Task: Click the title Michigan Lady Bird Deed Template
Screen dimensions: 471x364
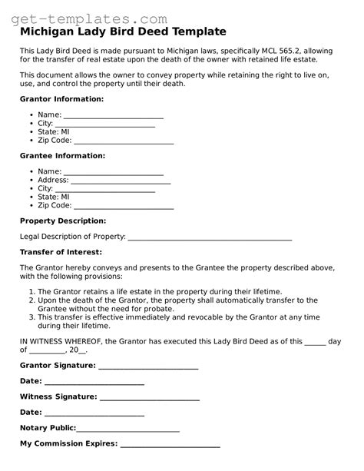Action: coord(123,32)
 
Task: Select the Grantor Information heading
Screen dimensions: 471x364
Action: coord(61,99)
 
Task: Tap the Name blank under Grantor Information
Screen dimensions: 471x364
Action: coord(114,115)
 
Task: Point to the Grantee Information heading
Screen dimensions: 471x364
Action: coord(62,156)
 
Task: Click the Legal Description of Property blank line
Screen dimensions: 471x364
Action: coord(209,237)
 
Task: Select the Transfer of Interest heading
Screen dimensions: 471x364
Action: coord(61,252)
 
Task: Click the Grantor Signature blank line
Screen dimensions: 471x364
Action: coord(148,366)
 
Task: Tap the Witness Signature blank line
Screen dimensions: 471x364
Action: coord(150,397)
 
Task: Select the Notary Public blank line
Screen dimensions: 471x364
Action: coord(128,428)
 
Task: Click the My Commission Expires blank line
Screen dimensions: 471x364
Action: coord(170,444)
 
